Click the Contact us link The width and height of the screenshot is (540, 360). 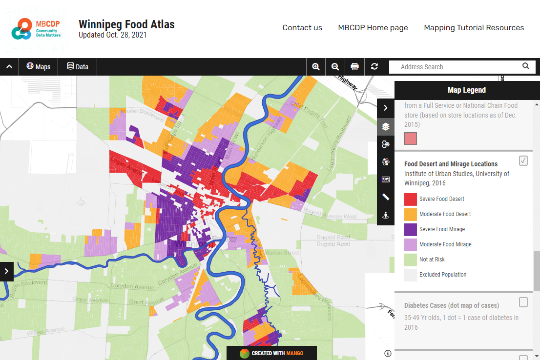(302, 28)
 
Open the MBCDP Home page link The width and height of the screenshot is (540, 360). (373, 28)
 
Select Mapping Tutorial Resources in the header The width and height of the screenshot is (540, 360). (474, 28)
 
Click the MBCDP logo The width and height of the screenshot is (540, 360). (37, 29)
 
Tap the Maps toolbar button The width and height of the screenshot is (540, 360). (39, 67)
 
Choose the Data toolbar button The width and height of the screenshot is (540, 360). (78, 67)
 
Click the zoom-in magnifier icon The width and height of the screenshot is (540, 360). (316, 67)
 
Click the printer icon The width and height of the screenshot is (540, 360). (355, 67)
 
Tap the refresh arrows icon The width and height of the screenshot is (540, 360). (374, 67)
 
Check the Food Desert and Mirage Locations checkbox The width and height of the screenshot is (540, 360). (523, 160)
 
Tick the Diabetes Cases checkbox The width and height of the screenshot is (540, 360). (523, 302)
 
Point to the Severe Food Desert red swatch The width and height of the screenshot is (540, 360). (411, 199)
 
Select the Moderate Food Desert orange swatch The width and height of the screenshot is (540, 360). (411, 214)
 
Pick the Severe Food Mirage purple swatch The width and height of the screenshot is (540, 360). (411, 229)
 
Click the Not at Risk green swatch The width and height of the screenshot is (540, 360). (411, 260)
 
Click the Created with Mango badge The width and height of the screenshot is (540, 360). (271, 353)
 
